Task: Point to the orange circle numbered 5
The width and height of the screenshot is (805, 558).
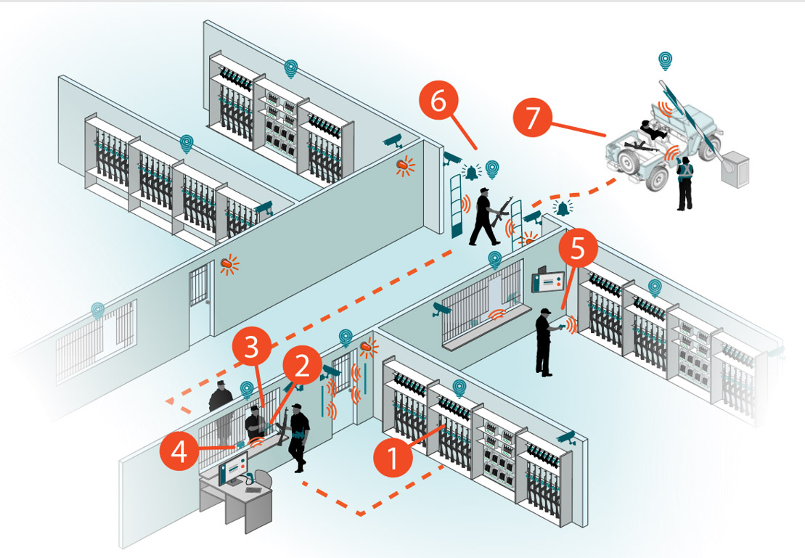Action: [x=577, y=249]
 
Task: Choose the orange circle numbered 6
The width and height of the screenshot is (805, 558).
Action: [x=438, y=102]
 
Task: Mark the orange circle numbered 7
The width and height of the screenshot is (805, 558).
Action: [x=534, y=118]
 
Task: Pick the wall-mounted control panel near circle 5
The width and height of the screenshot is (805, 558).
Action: [x=549, y=280]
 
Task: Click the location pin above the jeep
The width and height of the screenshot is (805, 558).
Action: [x=664, y=61]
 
